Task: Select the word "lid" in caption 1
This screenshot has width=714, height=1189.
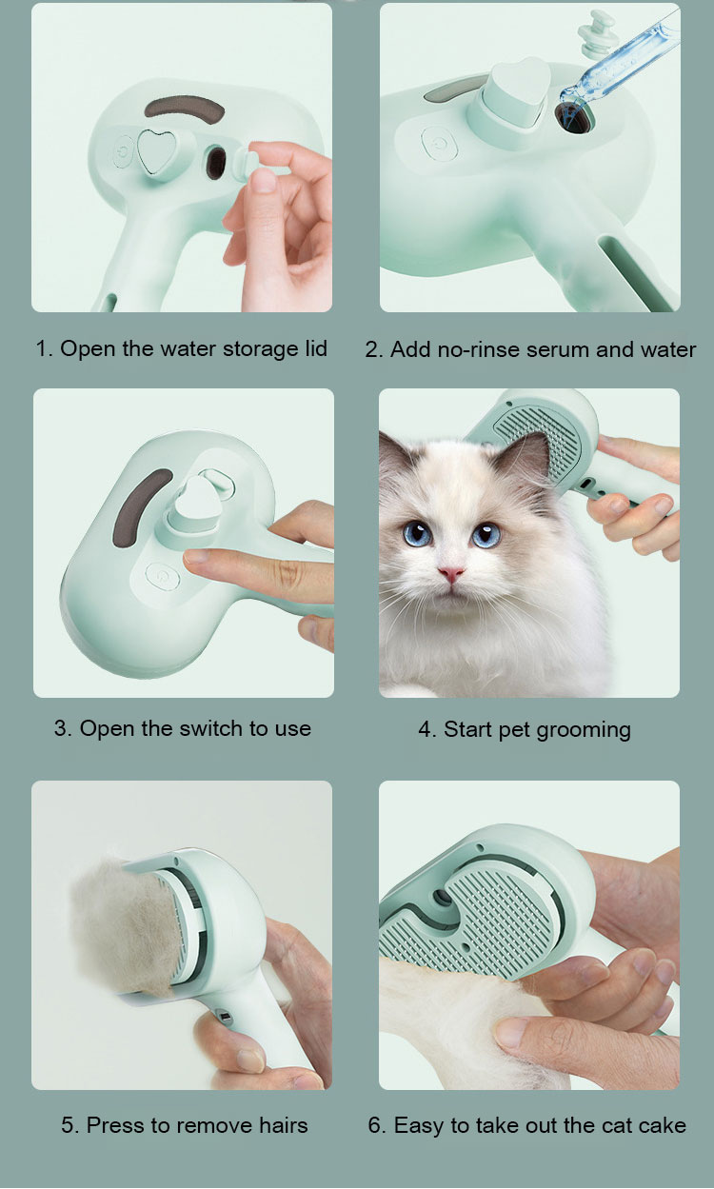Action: (316, 348)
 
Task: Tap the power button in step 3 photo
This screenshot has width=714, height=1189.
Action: (163, 578)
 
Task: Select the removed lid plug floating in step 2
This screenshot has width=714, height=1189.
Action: (596, 33)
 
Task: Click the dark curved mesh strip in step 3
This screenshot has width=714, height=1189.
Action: (140, 508)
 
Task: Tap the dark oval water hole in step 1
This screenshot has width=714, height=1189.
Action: (216, 162)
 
